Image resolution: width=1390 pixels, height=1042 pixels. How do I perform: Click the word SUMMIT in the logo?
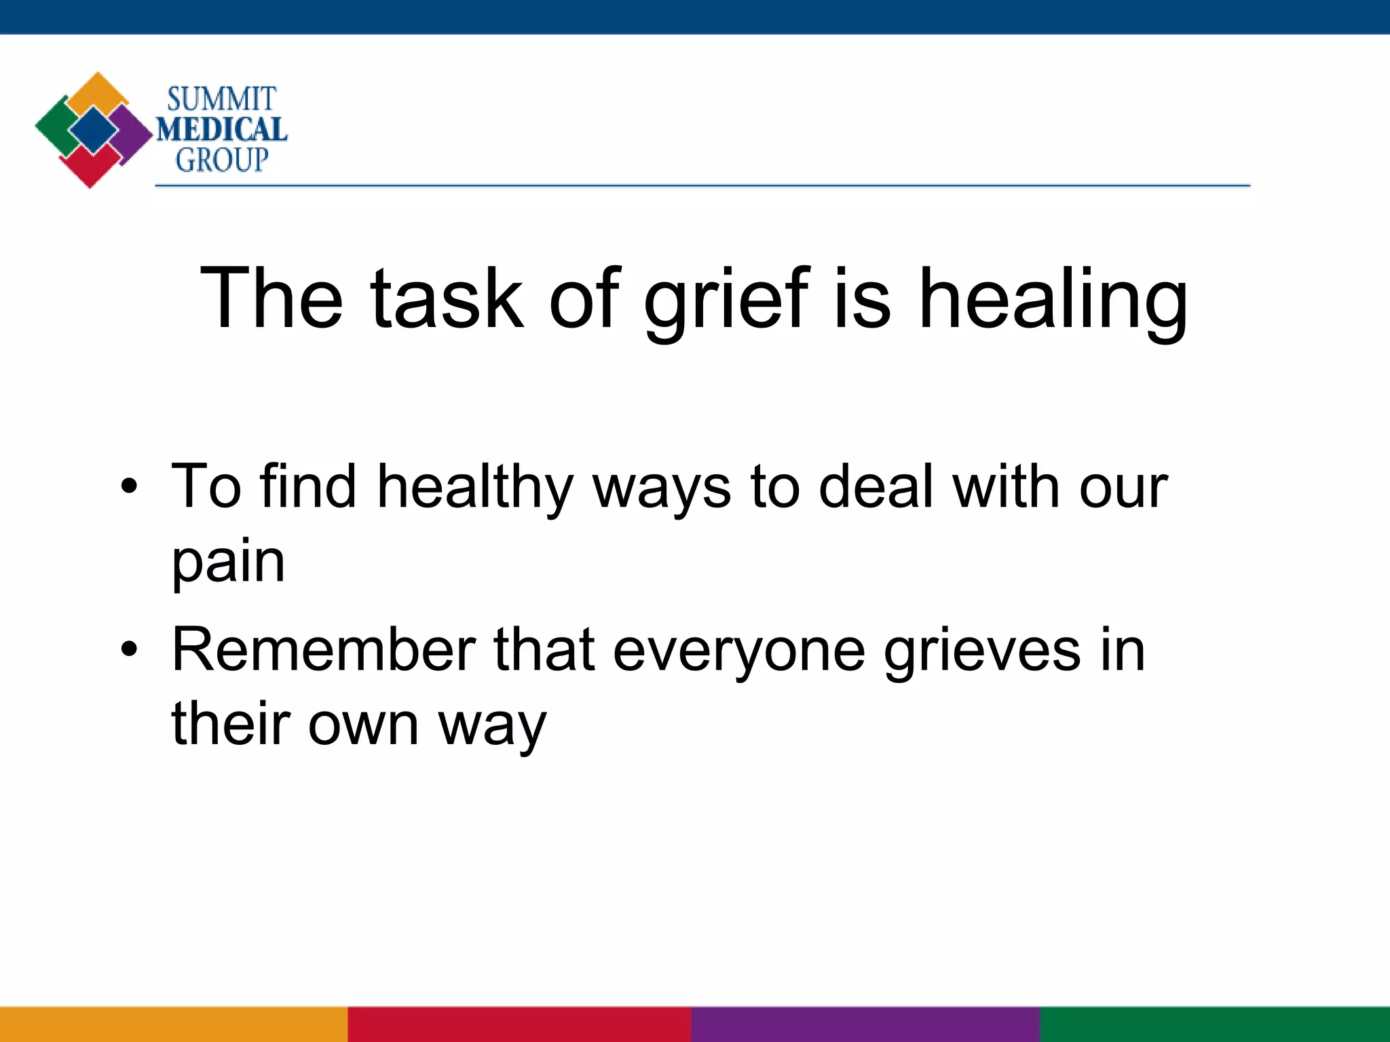(221, 99)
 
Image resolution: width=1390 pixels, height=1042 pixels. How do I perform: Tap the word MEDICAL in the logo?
(222, 130)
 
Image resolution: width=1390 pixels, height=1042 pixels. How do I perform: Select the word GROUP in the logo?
(222, 160)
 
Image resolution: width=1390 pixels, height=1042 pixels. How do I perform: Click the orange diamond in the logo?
(98, 92)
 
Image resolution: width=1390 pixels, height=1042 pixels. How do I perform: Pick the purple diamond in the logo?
(132, 132)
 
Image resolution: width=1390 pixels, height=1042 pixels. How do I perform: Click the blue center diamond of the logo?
(93, 130)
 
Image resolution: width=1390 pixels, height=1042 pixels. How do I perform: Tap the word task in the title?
(447, 298)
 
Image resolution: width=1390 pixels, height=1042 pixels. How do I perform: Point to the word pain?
(228, 563)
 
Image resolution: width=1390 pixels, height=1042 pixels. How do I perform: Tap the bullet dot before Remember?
(129, 650)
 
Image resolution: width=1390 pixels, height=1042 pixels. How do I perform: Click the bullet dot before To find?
(129, 486)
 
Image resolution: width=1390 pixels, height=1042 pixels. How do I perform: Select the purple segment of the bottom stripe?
(865, 1024)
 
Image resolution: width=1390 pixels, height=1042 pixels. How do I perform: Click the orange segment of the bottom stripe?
(174, 1024)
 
